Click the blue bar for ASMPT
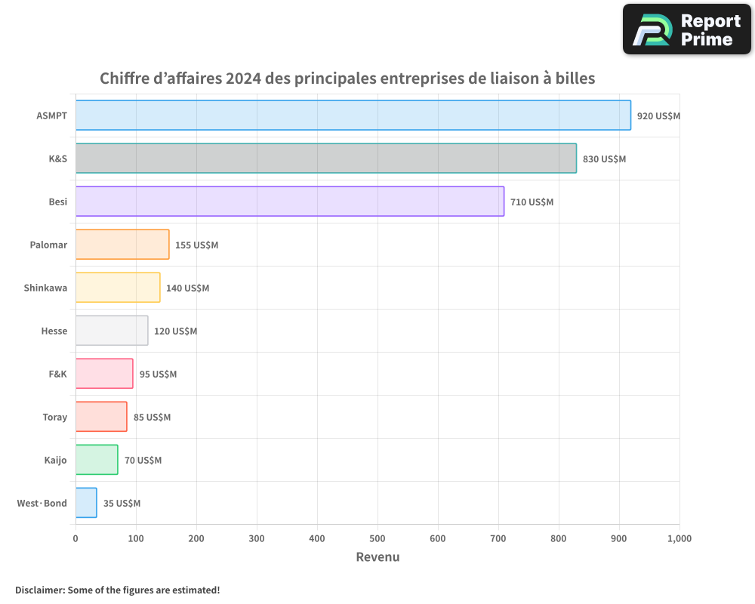(x=353, y=116)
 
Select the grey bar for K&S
(x=326, y=159)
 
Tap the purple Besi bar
(x=290, y=202)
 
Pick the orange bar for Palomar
(x=122, y=245)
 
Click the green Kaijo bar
(x=97, y=460)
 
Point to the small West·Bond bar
(x=86, y=503)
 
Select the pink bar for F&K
(x=104, y=374)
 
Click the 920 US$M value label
(x=658, y=116)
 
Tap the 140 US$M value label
(x=187, y=288)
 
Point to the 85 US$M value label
(x=152, y=418)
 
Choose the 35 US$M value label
(x=122, y=504)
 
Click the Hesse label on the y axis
(x=54, y=331)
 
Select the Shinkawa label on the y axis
(x=45, y=288)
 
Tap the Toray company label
(x=55, y=418)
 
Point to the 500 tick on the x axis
(x=377, y=538)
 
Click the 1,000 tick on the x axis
(x=679, y=538)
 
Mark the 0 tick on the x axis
(x=75, y=538)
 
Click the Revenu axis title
(x=377, y=557)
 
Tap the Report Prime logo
(x=687, y=29)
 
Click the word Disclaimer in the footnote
(x=39, y=590)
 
